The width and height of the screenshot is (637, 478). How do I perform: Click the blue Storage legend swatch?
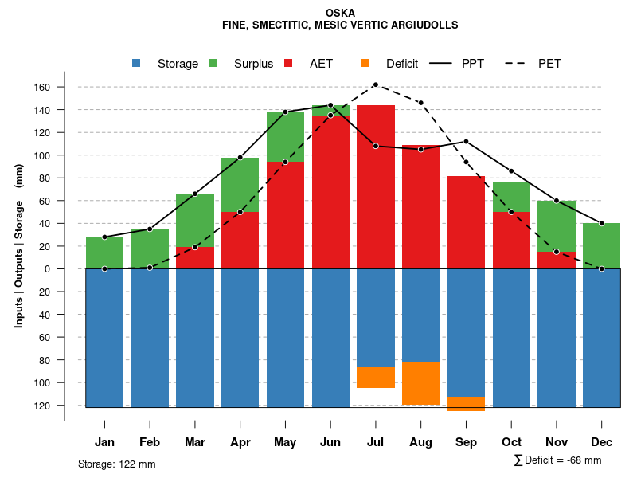[x=136, y=63]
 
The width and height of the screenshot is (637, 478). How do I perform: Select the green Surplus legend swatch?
[x=213, y=63]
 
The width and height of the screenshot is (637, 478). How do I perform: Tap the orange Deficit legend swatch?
[x=365, y=63]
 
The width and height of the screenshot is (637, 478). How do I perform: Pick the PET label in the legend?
[x=549, y=64]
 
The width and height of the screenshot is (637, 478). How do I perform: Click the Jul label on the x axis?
[x=376, y=442]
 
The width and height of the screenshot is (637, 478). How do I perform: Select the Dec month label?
[x=602, y=442]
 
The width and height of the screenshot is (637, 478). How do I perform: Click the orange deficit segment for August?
[x=421, y=383]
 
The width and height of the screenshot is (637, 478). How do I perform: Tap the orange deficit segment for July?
[x=376, y=378]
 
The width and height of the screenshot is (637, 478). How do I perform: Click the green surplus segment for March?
[x=195, y=220]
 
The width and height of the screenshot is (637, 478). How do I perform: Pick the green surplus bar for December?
[x=602, y=246]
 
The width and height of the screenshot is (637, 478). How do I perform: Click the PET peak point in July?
[x=376, y=84]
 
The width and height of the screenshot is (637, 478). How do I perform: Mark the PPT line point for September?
[x=467, y=142]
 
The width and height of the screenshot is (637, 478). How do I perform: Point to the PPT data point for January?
[x=104, y=237]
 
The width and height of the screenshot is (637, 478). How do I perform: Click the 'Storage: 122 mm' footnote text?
[x=117, y=464]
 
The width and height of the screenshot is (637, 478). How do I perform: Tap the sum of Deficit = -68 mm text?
[x=557, y=460]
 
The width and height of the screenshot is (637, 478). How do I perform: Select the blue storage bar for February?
[x=150, y=338]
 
